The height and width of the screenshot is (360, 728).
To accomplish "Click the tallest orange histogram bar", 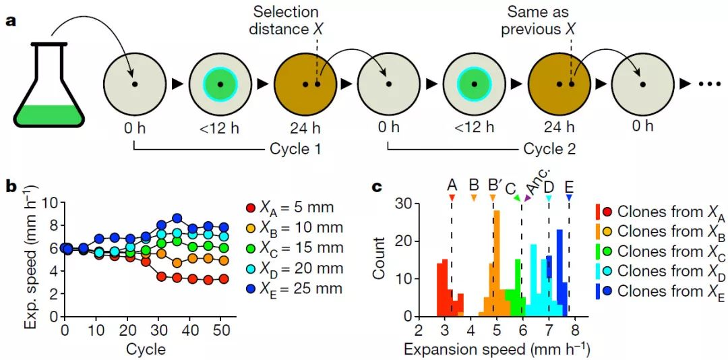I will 497,263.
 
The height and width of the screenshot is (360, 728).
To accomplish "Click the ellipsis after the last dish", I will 710,84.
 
